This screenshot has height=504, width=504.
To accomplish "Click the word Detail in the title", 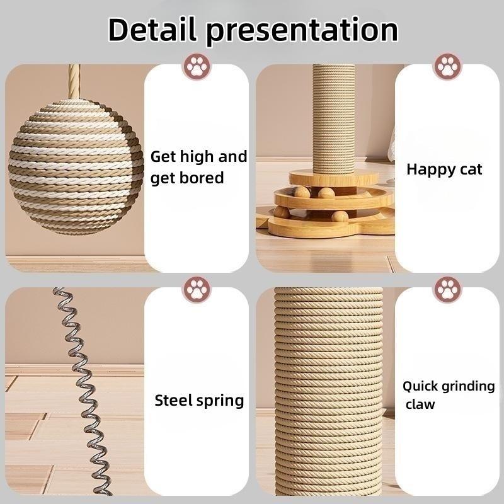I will pyautogui.click(x=151, y=29).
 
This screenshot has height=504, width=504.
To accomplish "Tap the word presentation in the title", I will pyautogui.click(x=302, y=30).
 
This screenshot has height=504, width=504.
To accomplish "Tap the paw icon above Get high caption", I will pyautogui.click(x=197, y=66).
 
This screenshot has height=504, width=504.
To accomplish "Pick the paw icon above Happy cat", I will pyautogui.click(x=447, y=66).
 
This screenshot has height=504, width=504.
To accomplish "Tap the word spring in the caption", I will pyautogui.click(x=220, y=401).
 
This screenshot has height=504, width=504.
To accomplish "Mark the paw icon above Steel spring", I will pyautogui.click(x=197, y=290).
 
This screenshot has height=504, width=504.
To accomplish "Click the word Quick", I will pyautogui.click(x=423, y=386).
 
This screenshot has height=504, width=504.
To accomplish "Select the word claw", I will pyautogui.click(x=420, y=404).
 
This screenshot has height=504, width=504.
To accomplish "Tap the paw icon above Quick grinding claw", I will pyautogui.click(x=447, y=290).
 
